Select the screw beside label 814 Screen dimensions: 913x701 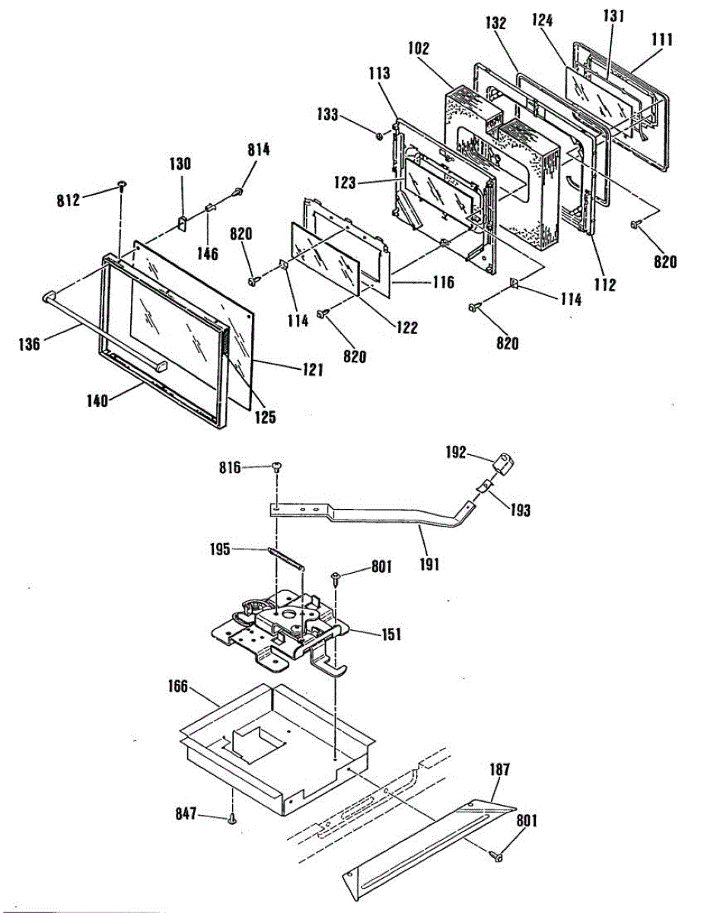(x=238, y=191)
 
